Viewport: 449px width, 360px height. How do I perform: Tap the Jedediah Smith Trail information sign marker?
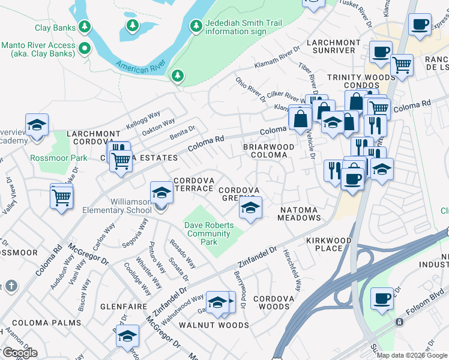[x=196, y=26]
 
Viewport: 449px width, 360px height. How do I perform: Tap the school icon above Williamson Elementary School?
[x=160, y=193]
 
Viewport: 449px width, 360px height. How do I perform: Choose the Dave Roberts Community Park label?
[x=208, y=233]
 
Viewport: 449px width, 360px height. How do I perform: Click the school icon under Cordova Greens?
[x=250, y=208]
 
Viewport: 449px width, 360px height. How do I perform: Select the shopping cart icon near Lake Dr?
[x=62, y=196]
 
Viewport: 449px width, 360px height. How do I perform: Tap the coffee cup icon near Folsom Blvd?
[x=382, y=297]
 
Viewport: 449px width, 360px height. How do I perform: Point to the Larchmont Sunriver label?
[x=333, y=47]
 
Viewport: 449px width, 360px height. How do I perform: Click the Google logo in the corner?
[x=19, y=352]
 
